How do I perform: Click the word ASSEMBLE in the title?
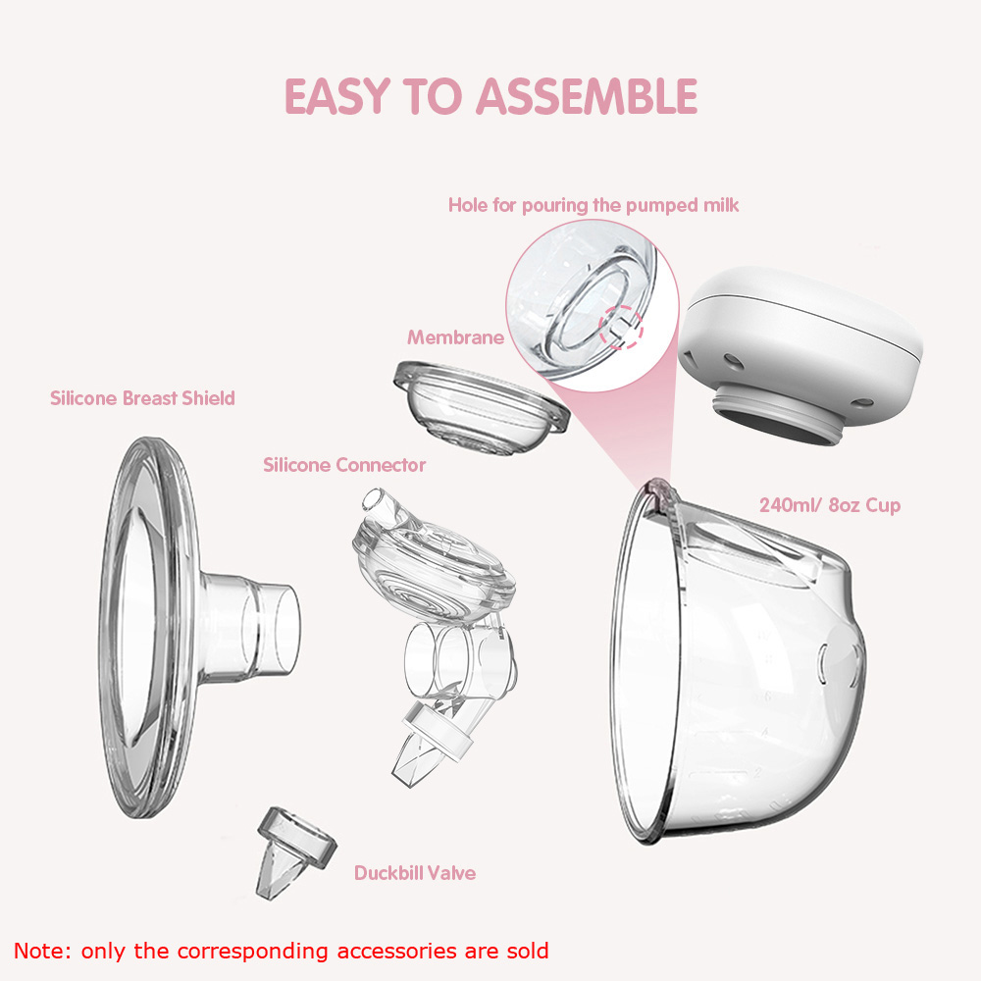587,96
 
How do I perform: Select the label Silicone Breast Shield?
142,398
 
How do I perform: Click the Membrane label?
455,337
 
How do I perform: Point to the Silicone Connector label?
344,465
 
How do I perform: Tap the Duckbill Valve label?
415,873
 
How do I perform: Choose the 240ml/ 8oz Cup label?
830,505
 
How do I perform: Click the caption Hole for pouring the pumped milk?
594,206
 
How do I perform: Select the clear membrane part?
481,407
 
